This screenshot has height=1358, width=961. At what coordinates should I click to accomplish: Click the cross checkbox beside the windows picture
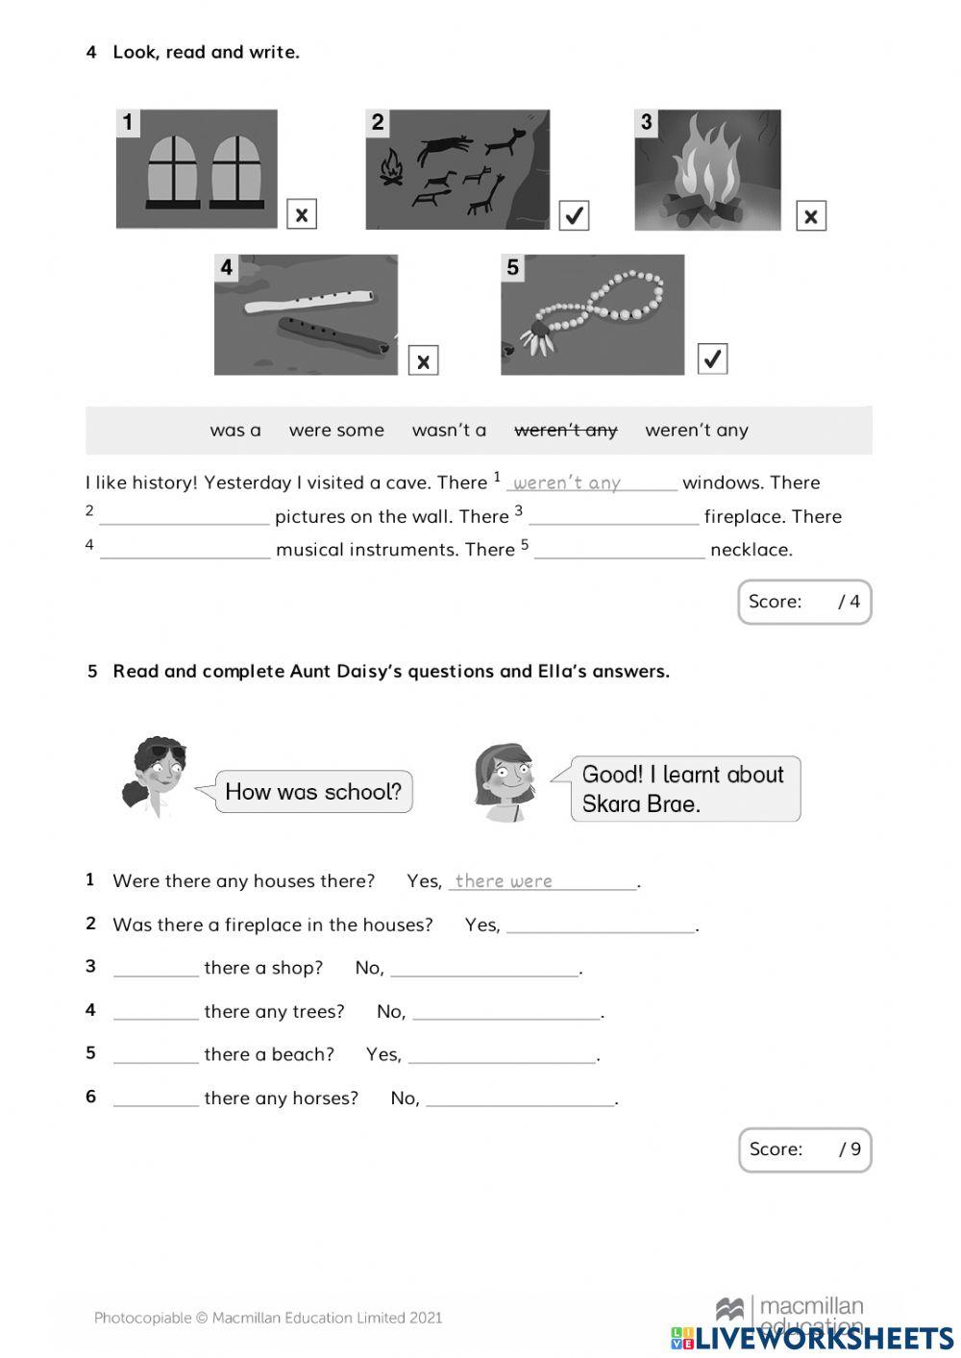pyautogui.click(x=302, y=214)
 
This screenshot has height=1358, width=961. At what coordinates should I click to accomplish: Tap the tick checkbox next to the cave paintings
pyautogui.click(x=574, y=215)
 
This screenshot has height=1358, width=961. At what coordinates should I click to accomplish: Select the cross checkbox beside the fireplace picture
pyautogui.click(x=811, y=216)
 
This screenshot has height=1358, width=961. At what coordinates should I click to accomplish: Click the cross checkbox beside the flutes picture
pyautogui.click(x=423, y=360)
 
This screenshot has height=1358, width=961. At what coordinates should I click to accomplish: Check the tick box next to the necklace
pyautogui.click(x=712, y=358)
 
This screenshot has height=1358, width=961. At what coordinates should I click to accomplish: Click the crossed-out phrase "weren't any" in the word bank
pyautogui.click(x=566, y=431)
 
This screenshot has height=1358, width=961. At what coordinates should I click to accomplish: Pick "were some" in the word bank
pyautogui.click(x=336, y=431)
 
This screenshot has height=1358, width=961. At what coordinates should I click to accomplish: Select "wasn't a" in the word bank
pyautogui.click(x=449, y=431)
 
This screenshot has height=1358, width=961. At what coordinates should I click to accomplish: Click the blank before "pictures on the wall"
pyautogui.click(x=185, y=517)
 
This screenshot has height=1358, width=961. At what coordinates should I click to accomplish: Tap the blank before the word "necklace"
pyautogui.click(x=619, y=550)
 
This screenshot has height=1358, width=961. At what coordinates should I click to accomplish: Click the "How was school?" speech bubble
pyautogui.click(x=313, y=792)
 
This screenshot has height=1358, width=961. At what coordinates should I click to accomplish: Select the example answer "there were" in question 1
pyautogui.click(x=504, y=880)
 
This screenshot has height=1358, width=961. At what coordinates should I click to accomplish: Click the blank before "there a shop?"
pyautogui.click(x=156, y=968)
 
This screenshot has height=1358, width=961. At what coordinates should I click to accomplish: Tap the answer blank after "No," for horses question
pyautogui.click(x=520, y=1099)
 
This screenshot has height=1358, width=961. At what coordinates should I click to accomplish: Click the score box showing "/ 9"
pyautogui.click(x=804, y=1149)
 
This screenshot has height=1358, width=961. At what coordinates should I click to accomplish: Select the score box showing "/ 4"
pyautogui.click(x=804, y=602)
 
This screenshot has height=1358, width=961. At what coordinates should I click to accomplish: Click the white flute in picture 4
pyautogui.click(x=308, y=303)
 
